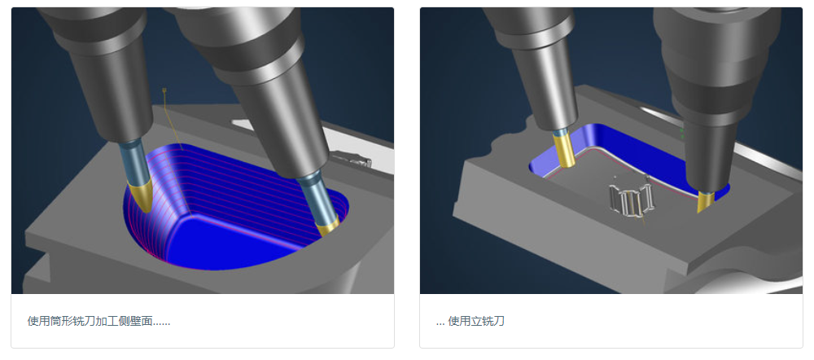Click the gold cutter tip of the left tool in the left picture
141,195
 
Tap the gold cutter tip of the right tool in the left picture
328,226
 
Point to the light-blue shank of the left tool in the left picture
133,164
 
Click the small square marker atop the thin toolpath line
164,91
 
